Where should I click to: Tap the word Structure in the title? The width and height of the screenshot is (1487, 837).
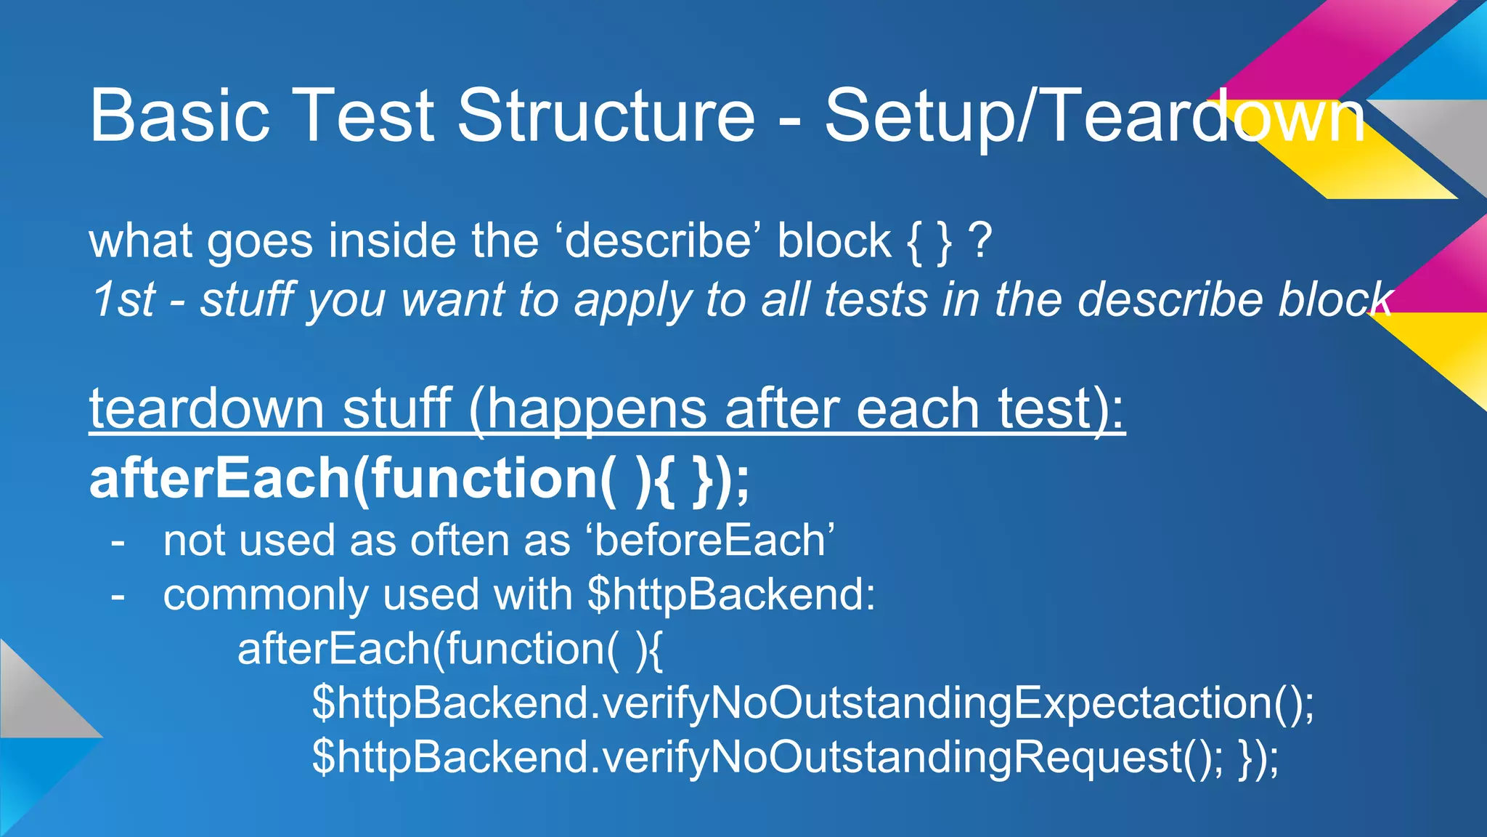click(606, 116)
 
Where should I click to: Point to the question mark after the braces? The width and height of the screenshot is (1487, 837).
click(980, 241)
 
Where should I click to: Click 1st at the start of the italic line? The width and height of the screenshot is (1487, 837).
click(122, 299)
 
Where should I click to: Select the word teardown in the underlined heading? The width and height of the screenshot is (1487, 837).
click(206, 409)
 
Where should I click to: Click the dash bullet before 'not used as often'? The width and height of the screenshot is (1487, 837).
click(118, 542)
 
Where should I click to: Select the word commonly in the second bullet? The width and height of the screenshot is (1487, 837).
click(265, 595)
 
